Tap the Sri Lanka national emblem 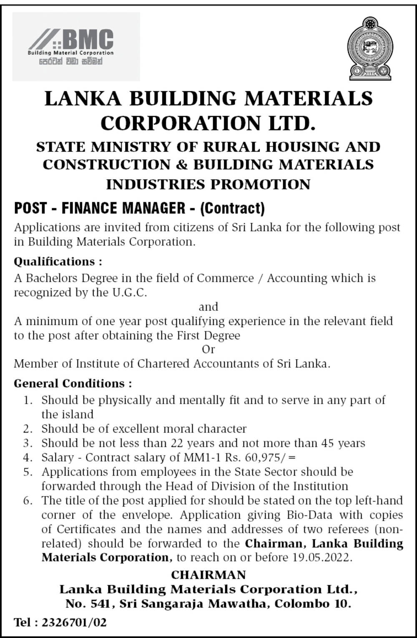[x=370, y=48]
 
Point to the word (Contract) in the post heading [x=232, y=208]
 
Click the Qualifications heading [x=58, y=262]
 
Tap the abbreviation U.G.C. [x=129, y=293]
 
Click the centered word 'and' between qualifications [x=208, y=307]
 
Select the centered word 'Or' [x=208, y=349]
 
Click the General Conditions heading [x=73, y=383]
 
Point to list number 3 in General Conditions [x=28, y=443]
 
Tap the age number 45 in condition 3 [x=327, y=443]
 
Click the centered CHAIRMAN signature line [x=208, y=575]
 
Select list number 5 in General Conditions [x=28, y=472]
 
